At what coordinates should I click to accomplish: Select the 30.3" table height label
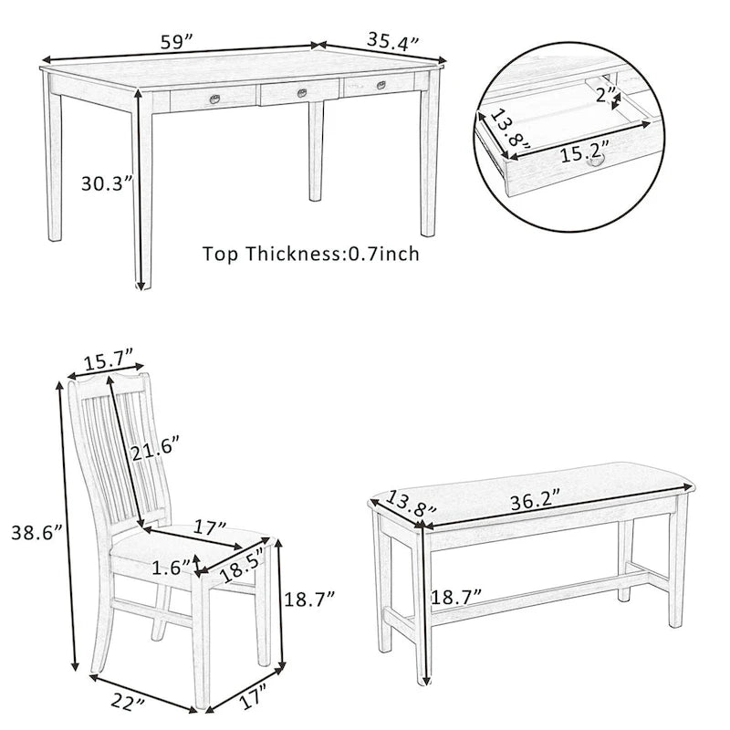[x=107, y=183]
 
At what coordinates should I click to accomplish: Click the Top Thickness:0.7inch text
[x=311, y=254]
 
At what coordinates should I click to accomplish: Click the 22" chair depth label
[x=128, y=704]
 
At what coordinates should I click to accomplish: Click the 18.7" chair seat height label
[x=309, y=599]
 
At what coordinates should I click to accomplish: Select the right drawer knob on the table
[x=381, y=85]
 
